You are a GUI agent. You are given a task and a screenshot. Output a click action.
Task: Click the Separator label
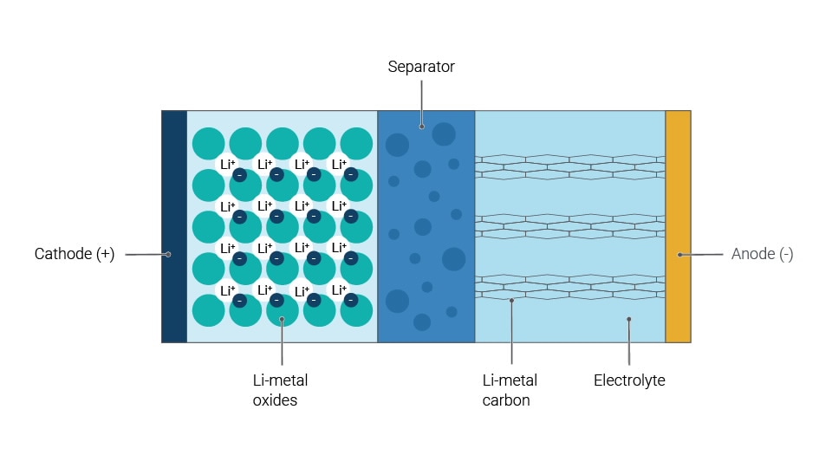click(x=421, y=67)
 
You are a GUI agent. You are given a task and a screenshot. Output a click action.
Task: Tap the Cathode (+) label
click(x=75, y=254)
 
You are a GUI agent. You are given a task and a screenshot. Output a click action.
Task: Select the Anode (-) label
click(x=762, y=254)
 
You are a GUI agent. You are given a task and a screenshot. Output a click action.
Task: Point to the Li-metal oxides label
click(x=280, y=390)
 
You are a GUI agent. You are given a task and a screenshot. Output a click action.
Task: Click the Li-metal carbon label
click(x=510, y=390)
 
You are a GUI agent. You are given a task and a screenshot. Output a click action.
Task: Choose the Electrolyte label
click(x=629, y=380)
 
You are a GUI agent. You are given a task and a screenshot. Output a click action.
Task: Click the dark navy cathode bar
click(x=174, y=225)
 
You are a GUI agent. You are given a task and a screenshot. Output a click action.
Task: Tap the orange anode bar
click(x=678, y=225)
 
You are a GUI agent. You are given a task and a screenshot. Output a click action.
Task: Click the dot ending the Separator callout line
click(x=422, y=126)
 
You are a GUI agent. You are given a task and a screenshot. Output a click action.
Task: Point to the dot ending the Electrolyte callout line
click(x=629, y=319)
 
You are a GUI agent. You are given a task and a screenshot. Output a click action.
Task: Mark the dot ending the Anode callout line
click(x=680, y=255)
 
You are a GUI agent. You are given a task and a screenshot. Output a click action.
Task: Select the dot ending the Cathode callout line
click(x=168, y=254)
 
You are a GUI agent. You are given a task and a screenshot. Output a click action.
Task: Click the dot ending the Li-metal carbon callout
click(x=512, y=301)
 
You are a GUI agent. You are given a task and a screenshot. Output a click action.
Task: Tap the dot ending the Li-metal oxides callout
click(x=283, y=319)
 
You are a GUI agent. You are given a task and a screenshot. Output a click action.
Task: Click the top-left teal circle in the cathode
click(x=208, y=143)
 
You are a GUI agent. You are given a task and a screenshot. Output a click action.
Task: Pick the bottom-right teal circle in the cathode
click(x=356, y=311)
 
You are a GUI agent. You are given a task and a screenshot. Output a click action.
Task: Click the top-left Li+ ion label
click(x=228, y=164)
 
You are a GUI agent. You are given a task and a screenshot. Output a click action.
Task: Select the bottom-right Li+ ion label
click(x=340, y=290)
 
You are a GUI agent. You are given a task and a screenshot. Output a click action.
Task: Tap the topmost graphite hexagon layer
click(x=569, y=166)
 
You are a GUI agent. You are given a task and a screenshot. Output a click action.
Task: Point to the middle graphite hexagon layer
click(x=569, y=226)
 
